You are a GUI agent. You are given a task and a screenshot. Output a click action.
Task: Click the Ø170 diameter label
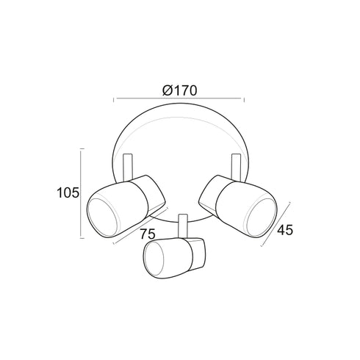point(180,90)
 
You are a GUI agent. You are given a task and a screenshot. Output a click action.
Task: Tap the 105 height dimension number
point(68,192)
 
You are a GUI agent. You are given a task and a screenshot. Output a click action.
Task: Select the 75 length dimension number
point(148,234)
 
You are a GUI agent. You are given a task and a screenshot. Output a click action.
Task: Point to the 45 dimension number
point(285,230)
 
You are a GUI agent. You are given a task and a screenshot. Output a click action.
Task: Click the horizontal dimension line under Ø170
point(179,98)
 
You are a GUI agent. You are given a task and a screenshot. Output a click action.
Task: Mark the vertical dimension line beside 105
point(82,193)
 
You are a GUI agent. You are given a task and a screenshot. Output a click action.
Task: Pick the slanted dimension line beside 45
point(276,224)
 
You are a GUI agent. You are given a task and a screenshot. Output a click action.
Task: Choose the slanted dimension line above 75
point(141,226)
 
